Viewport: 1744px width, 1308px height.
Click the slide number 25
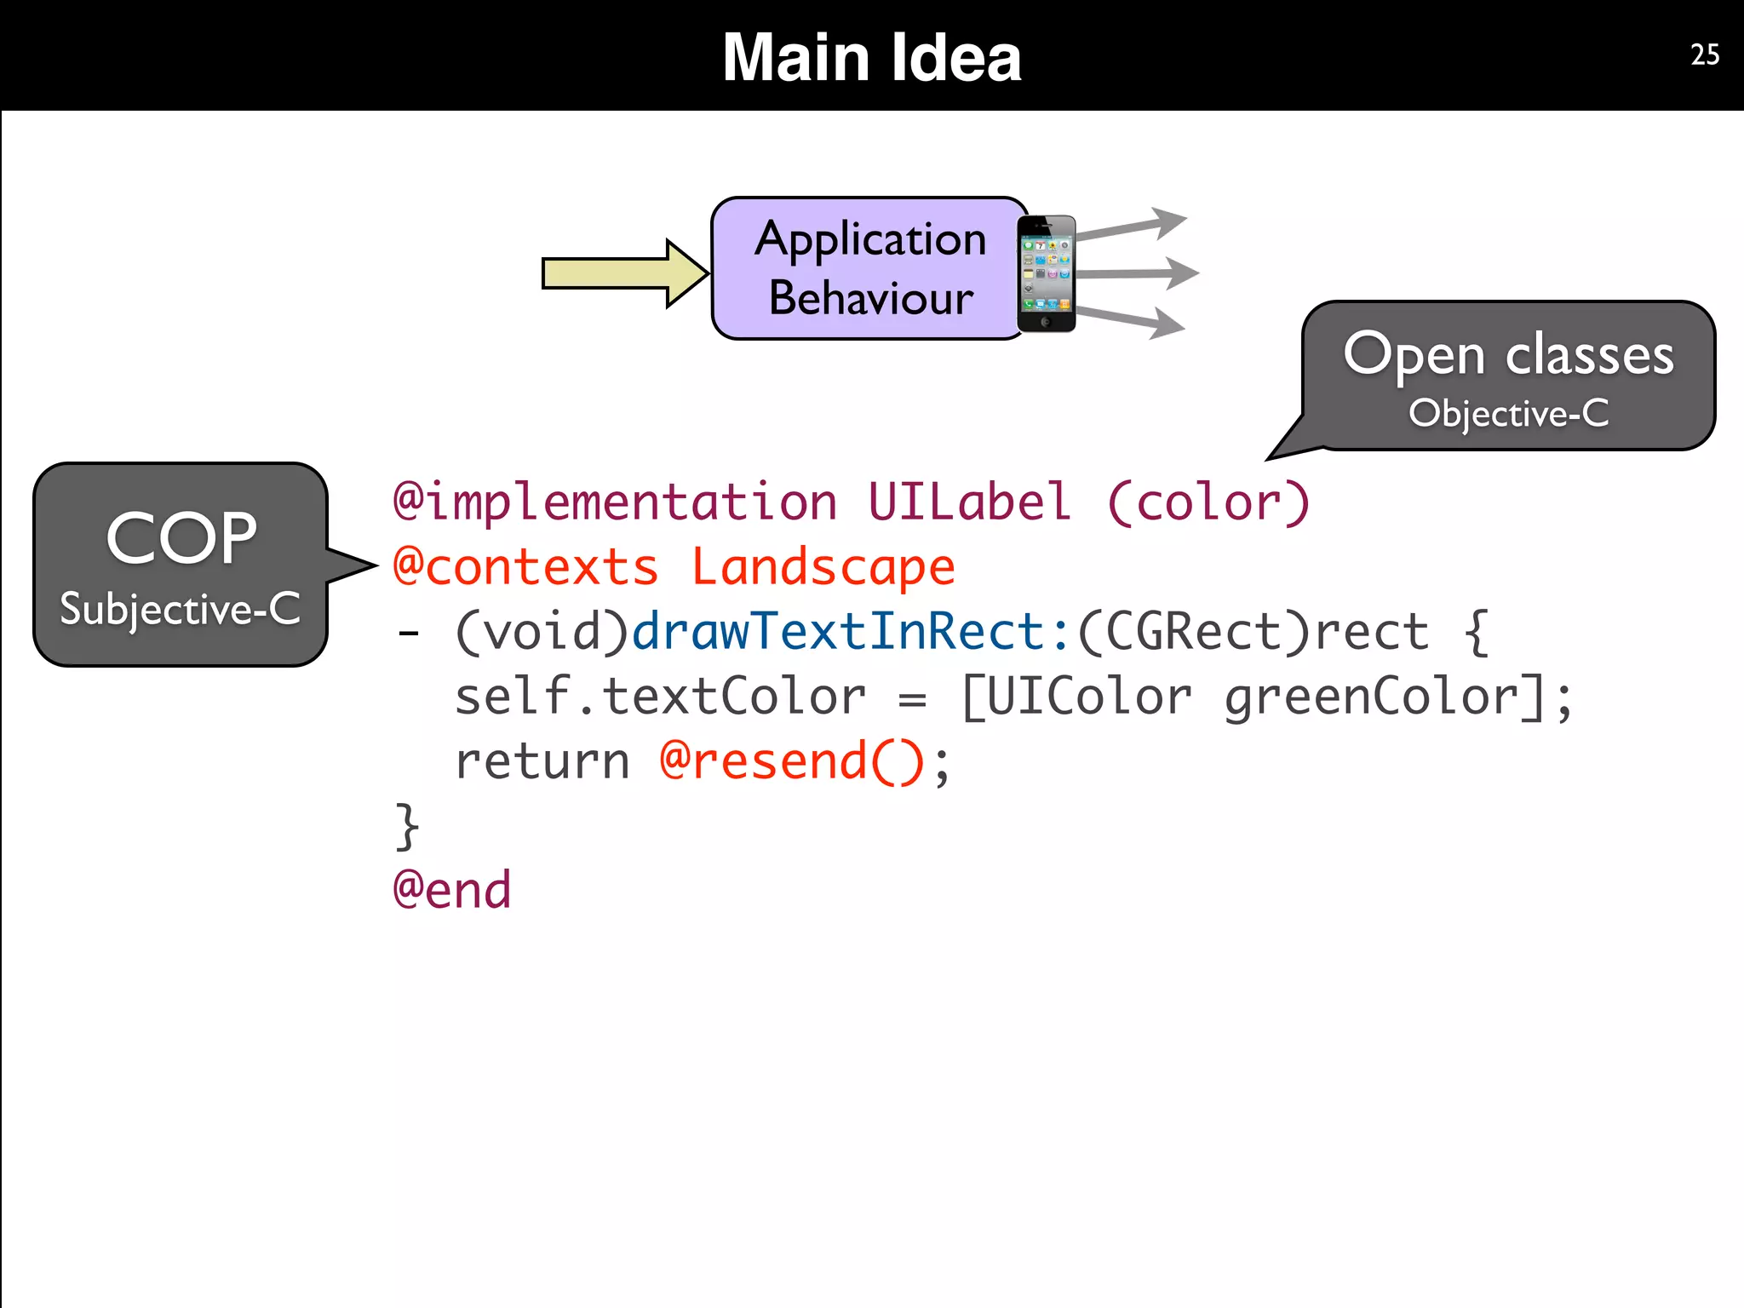[x=1704, y=54]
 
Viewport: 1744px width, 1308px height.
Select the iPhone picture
[x=1047, y=273]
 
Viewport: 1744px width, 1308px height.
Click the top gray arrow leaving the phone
[x=1132, y=225]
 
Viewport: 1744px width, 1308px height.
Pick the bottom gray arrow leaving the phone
[x=1132, y=320]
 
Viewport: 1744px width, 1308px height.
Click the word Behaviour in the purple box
[x=870, y=298]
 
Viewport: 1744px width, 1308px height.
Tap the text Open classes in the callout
[x=1508, y=354]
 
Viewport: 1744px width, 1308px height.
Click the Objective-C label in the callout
[x=1508, y=414]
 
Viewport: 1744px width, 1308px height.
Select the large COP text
[x=181, y=538]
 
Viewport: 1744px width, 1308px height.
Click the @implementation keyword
[x=615, y=502]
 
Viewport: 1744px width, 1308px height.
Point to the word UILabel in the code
[x=968, y=502]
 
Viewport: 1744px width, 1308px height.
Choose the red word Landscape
[x=823, y=567]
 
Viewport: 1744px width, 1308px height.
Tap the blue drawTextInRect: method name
[x=851, y=632]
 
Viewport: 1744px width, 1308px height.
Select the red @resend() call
[x=792, y=761]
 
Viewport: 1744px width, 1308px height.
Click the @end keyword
[x=452, y=891]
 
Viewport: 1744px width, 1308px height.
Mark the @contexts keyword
[x=525, y=567]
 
